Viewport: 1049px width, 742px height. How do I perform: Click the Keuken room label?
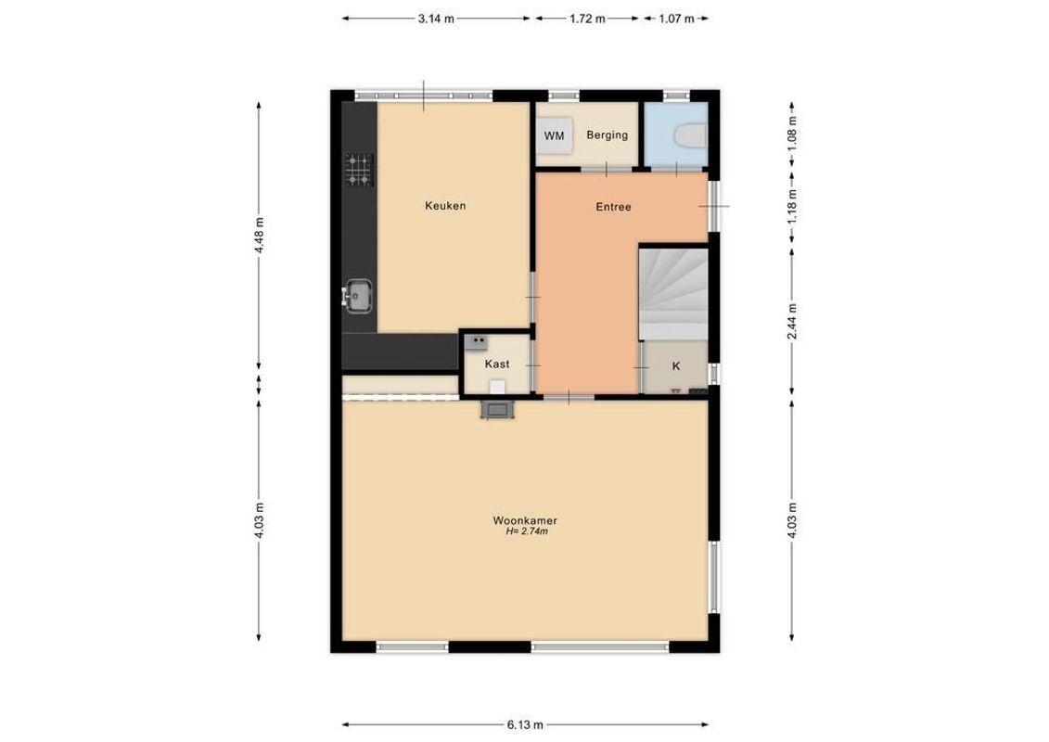445,206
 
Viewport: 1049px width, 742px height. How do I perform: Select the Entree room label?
613,207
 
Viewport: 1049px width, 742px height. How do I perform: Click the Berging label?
607,135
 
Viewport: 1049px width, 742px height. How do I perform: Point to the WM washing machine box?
555,136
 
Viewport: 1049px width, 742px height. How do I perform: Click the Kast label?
497,365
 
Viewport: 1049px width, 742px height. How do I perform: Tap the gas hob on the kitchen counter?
360,170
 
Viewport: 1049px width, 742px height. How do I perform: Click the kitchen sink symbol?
359,296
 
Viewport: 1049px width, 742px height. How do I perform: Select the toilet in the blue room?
688,135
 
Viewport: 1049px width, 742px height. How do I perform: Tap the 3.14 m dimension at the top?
436,18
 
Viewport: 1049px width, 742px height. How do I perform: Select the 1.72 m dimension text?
586,18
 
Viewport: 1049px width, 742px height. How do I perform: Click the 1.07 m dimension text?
676,18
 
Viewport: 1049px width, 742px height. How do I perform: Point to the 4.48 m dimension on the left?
260,240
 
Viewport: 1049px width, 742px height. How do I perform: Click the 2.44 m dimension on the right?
791,321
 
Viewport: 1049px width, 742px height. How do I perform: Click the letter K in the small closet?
675,366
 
